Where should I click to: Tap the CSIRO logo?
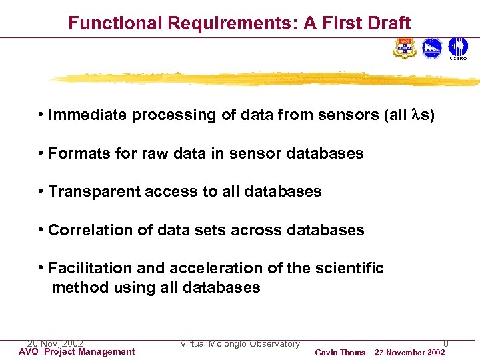click(x=457, y=48)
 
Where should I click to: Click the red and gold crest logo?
click(x=405, y=48)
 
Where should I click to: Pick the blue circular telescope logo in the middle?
click(x=432, y=48)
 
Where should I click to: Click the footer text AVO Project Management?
click(x=77, y=352)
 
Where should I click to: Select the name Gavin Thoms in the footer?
click(x=340, y=353)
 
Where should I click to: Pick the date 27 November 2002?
click(x=409, y=353)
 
